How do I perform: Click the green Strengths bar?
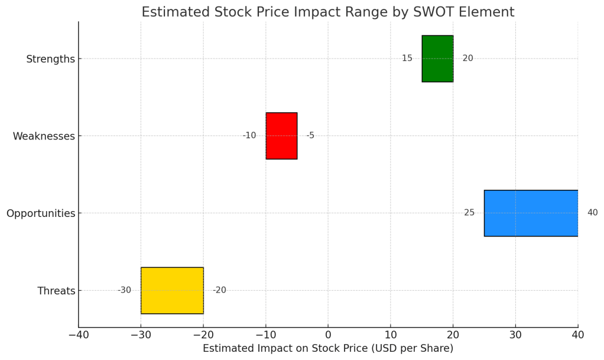click(437, 59)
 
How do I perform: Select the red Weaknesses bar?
click(281, 136)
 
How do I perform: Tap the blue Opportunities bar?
click(531, 213)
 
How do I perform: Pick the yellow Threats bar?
click(172, 290)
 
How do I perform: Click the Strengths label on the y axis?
click(50, 59)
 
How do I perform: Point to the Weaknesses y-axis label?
click(44, 136)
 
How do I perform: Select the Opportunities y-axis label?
click(41, 213)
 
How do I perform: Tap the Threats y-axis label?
click(56, 291)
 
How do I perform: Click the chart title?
click(328, 12)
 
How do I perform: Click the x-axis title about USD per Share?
click(328, 349)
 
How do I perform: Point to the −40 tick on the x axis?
click(79, 335)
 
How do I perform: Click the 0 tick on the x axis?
click(328, 335)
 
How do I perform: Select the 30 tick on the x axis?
click(515, 335)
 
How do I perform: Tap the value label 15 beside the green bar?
click(407, 59)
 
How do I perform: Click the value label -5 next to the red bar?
click(310, 136)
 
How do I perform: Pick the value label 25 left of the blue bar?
click(469, 213)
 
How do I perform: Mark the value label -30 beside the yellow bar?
click(124, 290)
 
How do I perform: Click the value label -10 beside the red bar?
click(249, 136)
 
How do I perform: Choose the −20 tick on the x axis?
click(203, 335)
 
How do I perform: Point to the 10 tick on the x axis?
click(391, 335)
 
